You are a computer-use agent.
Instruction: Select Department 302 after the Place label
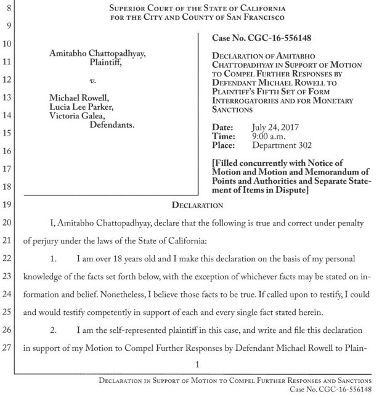click(282, 145)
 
